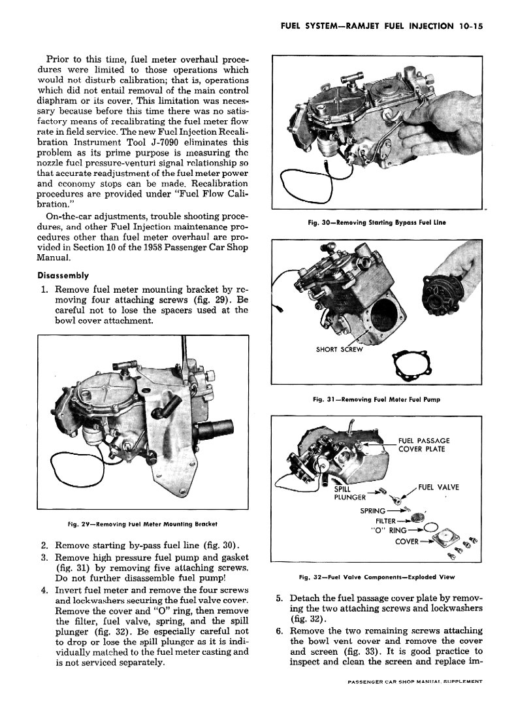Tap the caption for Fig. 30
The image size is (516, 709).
point(377,223)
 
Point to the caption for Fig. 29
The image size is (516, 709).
point(142,523)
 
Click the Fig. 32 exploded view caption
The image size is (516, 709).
point(377,577)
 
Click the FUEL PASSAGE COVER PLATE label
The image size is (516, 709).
point(423,445)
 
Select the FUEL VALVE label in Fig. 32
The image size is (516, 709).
point(438,487)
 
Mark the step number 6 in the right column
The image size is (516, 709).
point(279,631)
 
